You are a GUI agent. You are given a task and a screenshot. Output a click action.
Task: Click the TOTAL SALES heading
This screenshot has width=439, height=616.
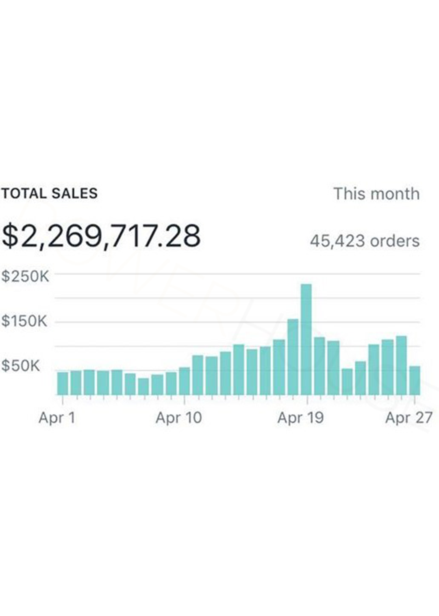49,193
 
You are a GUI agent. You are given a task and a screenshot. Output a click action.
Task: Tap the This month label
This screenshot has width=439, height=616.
376,194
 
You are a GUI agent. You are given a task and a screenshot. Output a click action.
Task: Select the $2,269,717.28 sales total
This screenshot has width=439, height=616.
101,236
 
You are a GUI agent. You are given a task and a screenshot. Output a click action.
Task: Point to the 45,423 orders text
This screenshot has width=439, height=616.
364,241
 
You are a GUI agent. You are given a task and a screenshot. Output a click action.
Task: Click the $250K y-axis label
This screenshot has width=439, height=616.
25,276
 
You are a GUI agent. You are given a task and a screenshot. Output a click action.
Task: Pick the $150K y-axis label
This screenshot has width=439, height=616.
24,321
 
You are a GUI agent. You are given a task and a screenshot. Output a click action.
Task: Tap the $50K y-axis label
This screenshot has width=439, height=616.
21,366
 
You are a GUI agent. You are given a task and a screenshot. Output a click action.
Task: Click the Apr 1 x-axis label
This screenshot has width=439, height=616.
57,418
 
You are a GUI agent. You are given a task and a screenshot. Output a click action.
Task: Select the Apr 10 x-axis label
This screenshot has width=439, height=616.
178,418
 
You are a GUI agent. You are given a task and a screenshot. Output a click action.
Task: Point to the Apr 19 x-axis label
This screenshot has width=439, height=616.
300,418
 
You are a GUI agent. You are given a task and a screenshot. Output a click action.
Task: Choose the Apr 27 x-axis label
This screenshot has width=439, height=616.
408,418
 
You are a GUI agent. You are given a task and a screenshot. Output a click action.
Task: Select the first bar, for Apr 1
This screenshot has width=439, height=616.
63,383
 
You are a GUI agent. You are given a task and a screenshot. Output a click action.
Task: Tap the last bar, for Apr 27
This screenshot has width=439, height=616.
415,380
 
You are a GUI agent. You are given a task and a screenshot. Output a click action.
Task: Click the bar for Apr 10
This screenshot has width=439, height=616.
185,381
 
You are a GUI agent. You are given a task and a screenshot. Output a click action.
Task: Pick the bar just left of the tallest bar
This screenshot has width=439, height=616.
293,357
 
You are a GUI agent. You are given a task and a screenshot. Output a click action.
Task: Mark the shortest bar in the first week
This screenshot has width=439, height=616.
143,386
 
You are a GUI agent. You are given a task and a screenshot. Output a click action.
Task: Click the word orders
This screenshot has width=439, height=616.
395,241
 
